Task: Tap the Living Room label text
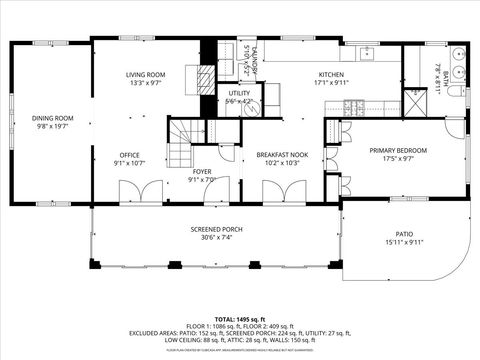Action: [x=145, y=75]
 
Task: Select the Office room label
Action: [x=129, y=155]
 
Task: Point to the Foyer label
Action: [x=202, y=171]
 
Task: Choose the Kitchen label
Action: [x=331, y=75]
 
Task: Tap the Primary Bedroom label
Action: [x=397, y=150]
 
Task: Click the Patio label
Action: [x=404, y=233]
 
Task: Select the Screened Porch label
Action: [x=217, y=229]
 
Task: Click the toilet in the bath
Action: [x=452, y=92]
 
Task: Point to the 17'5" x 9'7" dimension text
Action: [x=397, y=158]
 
